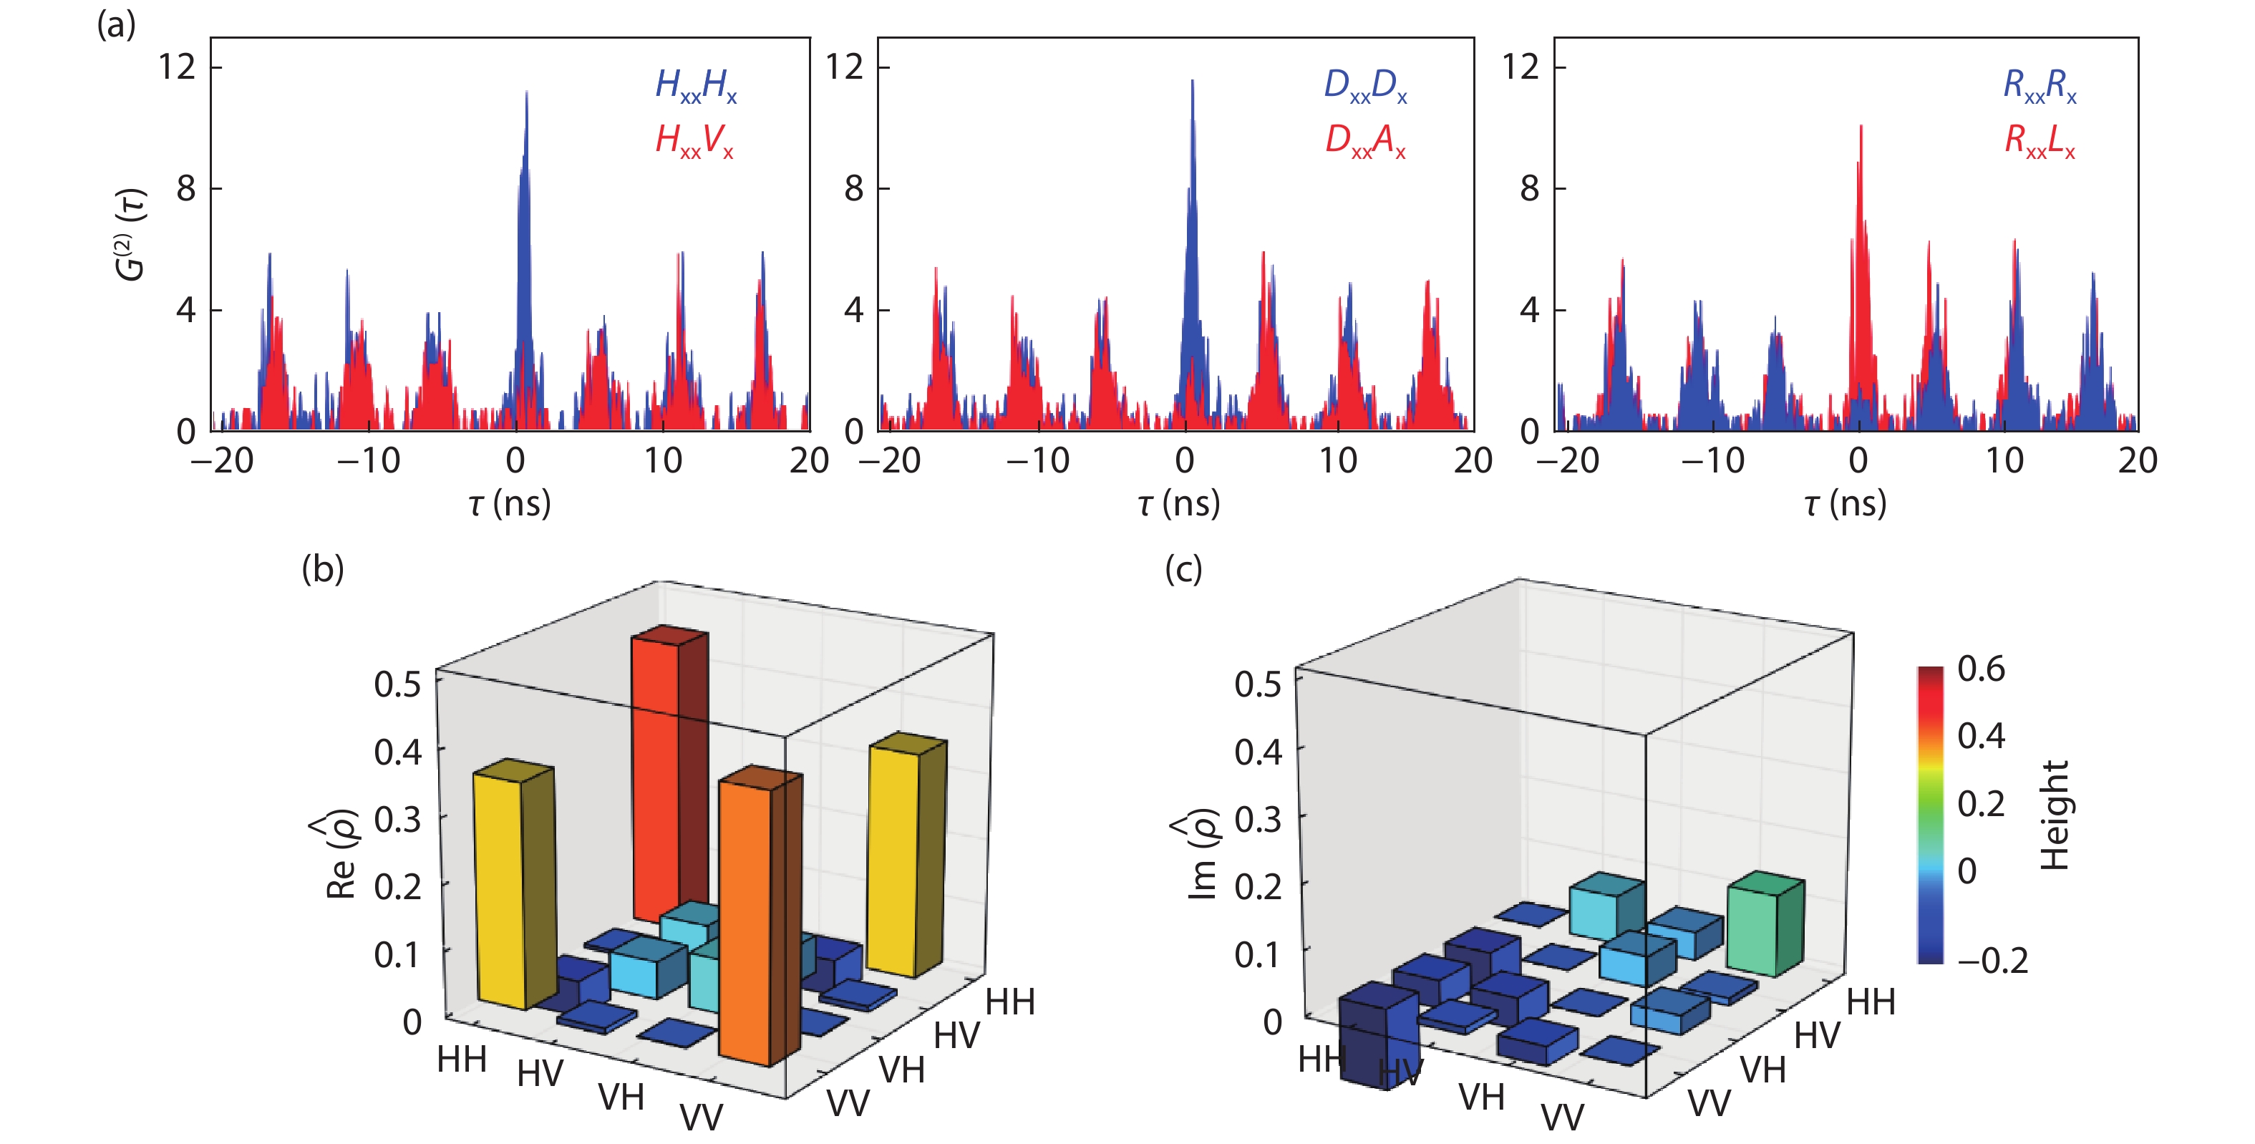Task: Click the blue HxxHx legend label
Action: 696,86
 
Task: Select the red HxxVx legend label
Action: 694,141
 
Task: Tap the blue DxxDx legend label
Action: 1364,86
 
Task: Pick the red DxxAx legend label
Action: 1364,141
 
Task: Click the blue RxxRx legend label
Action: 2040,86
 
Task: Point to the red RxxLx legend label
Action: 2040,141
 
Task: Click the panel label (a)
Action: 117,24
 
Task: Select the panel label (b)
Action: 323,569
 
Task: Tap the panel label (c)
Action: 1183,569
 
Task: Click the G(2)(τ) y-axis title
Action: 131,235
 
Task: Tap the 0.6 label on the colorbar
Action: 1981,669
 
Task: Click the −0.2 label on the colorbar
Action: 1992,961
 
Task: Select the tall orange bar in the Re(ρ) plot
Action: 746,919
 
